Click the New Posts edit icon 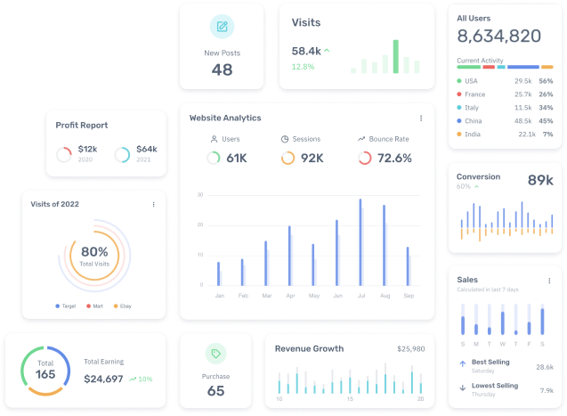[x=222, y=27]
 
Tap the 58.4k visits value [x=306, y=51]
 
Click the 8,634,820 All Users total [x=498, y=37]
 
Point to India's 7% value [x=547, y=134]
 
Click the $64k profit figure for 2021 [x=147, y=150]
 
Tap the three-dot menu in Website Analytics [x=421, y=118]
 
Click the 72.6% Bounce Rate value [x=394, y=158]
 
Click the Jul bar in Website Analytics [x=360, y=241]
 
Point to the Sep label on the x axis [x=409, y=295]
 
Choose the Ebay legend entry [x=124, y=306]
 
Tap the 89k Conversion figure [x=540, y=180]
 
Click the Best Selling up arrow [x=462, y=363]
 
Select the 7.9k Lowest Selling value [x=547, y=389]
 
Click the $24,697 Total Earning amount [x=103, y=379]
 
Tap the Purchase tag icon [x=215, y=355]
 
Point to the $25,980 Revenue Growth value [x=410, y=348]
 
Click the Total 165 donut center [x=45, y=371]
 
